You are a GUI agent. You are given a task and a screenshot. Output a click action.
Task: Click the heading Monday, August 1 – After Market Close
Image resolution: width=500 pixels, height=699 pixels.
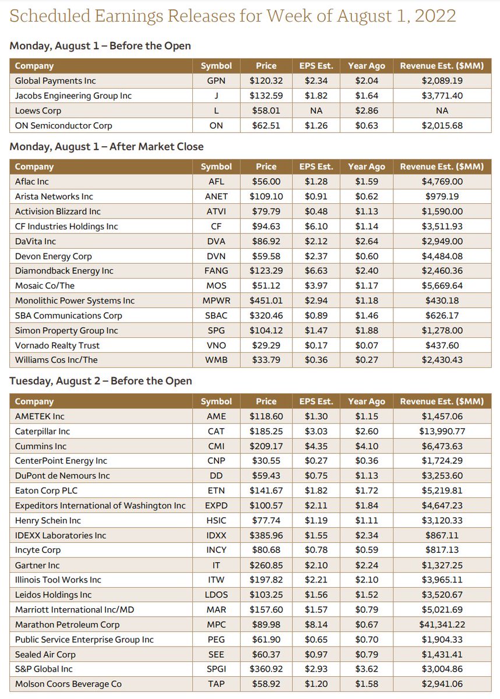[x=107, y=147]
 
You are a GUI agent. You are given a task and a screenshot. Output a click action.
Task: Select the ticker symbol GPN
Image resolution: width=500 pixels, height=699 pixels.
[x=216, y=81]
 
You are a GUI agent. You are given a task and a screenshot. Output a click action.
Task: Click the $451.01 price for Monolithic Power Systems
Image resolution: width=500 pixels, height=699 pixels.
[x=266, y=301]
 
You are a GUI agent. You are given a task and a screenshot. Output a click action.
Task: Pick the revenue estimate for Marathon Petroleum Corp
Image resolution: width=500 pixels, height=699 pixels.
[x=442, y=624]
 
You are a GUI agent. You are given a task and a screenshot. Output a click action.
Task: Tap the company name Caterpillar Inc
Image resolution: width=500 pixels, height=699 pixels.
[x=43, y=432]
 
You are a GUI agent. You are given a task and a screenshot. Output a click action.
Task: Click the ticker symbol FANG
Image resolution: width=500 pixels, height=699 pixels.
[x=216, y=271]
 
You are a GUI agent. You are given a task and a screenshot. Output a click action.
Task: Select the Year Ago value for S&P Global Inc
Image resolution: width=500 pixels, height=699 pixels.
[x=367, y=669]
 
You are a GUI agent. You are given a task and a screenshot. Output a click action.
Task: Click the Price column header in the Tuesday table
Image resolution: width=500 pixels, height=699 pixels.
[x=266, y=401]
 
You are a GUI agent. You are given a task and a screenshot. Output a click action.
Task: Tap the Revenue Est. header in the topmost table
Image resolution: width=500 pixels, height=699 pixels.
[x=442, y=66]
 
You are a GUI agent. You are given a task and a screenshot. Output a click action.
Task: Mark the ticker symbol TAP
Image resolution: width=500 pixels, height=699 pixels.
[x=216, y=684]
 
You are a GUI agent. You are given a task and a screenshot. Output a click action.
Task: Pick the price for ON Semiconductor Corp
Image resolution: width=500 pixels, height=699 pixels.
[x=266, y=126]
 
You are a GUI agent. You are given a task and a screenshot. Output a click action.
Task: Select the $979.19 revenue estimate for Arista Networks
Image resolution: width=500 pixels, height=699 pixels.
[x=442, y=196]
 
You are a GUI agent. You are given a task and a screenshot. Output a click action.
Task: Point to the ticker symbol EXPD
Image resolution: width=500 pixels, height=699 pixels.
[x=216, y=506]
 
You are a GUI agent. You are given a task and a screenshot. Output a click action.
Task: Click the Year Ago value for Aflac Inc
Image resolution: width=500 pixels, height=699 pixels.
[x=367, y=182]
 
